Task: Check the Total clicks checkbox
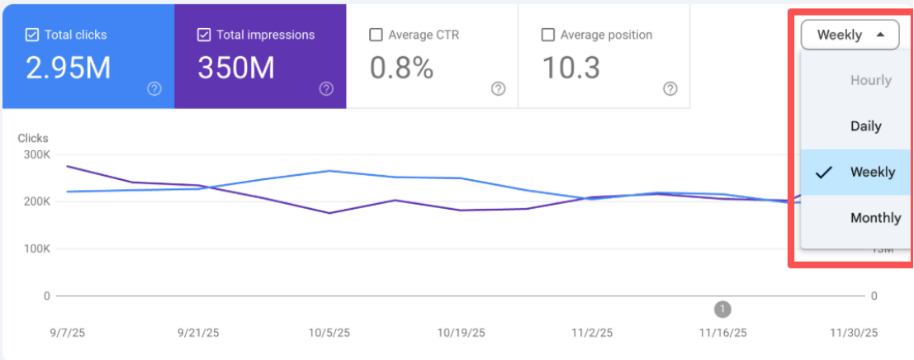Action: (33, 36)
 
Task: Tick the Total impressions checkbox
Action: (204, 36)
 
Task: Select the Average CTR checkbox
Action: (376, 36)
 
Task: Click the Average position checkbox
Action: (547, 36)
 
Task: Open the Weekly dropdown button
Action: (850, 35)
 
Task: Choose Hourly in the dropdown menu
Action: (871, 80)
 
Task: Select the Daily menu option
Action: (866, 126)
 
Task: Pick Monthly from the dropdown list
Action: (875, 218)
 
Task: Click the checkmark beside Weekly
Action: (823, 173)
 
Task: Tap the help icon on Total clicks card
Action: (154, 89)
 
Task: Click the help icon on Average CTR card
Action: (498, 89)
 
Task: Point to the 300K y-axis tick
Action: (36, 154)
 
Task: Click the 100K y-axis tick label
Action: (36, 249)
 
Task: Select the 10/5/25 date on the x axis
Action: (330, 333)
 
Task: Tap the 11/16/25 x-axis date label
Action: (722, 333)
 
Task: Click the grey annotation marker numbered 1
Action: (722, 309)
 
